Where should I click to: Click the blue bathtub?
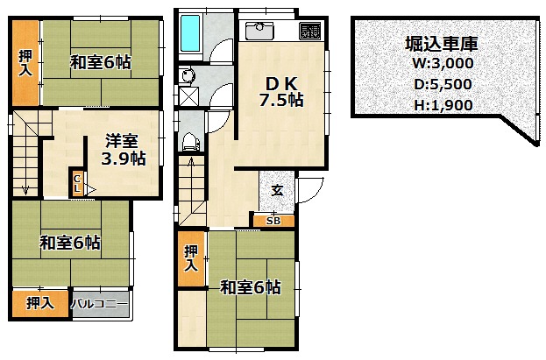pyautogui.click(x=190, y=32)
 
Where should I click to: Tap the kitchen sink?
pyautogui.click(x=259, y=31)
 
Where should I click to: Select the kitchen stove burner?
pyautogui.click(x=310, y=31)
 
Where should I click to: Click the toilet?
pyautogui.click(x=190, y=142)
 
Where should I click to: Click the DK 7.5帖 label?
pyautogui.click(x=281, y=92)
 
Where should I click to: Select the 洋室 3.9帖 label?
pyautogui.click(x=124, y=150)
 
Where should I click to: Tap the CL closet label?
pyautogui.click(x=77, y=184)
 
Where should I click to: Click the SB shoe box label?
pyautogui.click(x=273, y=221)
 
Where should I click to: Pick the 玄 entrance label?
pyautogui.click(x=277, y=191)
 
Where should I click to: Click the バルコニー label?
pyautogui.click(x=99, y=304)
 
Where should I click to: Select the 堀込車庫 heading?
pyautogui.click(x=442, y=43)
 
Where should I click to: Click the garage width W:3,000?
pyautogui.click(x=443, y=63)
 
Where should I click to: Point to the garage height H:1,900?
pyautogui.click(x=443, y=105)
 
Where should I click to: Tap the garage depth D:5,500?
pyautogui.click(x=443, y=84)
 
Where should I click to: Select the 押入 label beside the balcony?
pyautogui.click(x=40, y=303)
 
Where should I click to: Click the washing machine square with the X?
pyautogui.click(x=189, y=95)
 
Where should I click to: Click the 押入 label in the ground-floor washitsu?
pyautogui.click(x=191, y=258)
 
